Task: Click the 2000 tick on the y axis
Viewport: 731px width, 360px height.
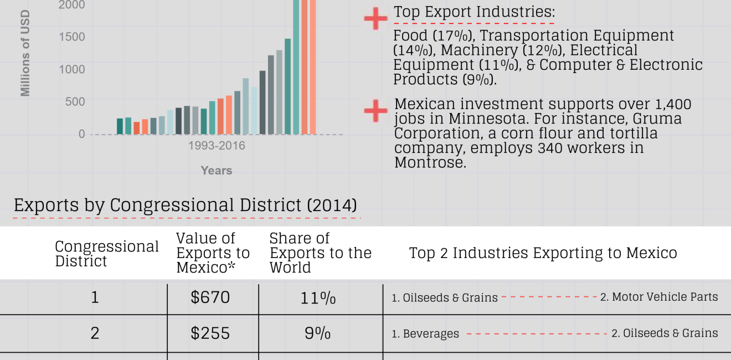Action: [x=72, y=5]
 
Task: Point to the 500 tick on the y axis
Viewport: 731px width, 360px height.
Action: [x=75, y=101]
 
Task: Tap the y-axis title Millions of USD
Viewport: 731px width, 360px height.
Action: [x=25, y=53]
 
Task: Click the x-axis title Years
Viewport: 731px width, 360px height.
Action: [x=216, y=171]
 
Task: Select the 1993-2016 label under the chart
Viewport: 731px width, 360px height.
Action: [x=217, y=146]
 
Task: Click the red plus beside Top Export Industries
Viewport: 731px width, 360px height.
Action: [x=375, y=19]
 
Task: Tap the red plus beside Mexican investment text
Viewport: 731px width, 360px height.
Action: [x=375, y=111]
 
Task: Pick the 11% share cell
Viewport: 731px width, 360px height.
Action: [x=317, y=298]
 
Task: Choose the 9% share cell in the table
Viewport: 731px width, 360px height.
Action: [x=317, y=333]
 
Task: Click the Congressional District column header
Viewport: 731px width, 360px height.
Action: [x=106, y=254]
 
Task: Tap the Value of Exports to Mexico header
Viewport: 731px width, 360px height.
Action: [x=213, y=253]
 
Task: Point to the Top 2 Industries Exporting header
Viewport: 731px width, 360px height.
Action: [x=543, y=253]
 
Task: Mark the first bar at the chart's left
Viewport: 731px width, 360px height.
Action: [x=120, y=126]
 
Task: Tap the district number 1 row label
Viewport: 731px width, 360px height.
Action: [x=95, y=298]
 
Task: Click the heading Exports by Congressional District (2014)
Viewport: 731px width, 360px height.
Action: [x=185, y=205]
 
